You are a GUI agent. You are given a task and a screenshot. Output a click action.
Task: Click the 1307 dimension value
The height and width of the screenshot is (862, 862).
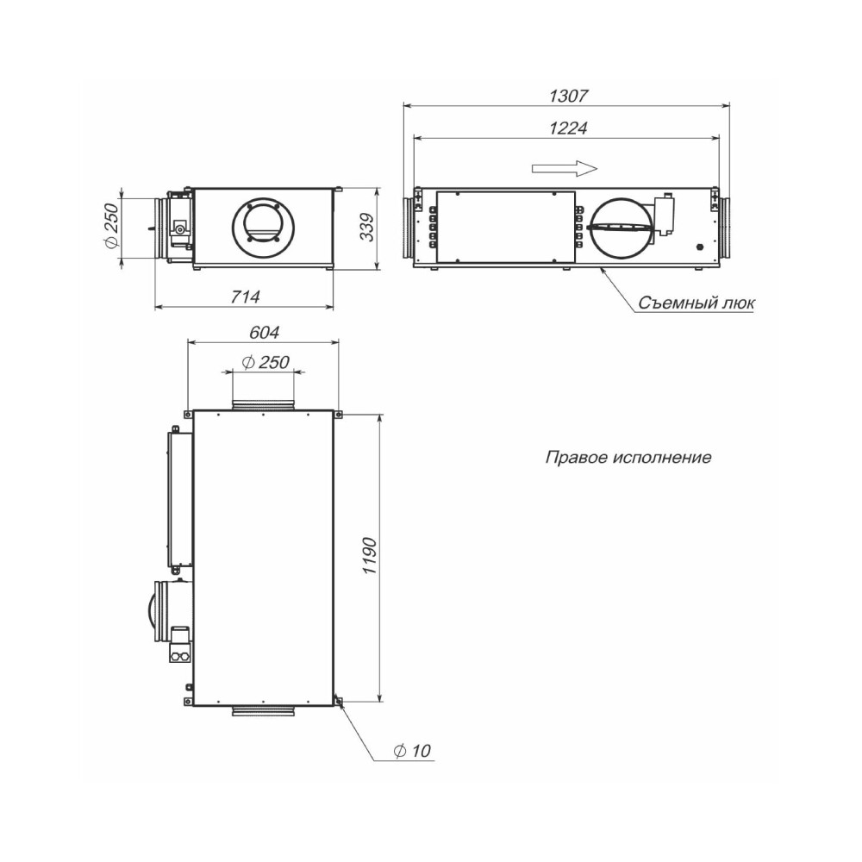click(x=568, y=96)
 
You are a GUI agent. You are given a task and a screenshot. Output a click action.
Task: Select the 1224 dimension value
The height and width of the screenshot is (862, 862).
click(x=568, y=128)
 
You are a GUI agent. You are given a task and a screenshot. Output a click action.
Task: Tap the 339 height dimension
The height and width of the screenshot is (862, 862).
click(x=366, y=227)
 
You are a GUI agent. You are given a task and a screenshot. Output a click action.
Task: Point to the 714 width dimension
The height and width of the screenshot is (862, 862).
click(x=245, y=297)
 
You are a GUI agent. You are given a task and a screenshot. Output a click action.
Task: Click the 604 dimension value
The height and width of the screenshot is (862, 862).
click(x=265, y=333)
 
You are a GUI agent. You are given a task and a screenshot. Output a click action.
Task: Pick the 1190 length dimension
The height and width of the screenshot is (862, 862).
click(x=369, y=556)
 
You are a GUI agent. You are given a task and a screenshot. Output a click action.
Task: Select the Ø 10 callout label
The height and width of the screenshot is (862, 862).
click(x=412, y=751)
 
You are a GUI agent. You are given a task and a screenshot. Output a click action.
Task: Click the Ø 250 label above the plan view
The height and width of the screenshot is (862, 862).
click(x=265, y=362)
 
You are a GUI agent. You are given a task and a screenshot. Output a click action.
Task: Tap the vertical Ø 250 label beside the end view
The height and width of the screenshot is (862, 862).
click(x=111, y=226)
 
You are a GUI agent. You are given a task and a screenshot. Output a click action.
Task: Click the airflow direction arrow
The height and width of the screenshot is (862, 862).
click(x=564, y=168)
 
